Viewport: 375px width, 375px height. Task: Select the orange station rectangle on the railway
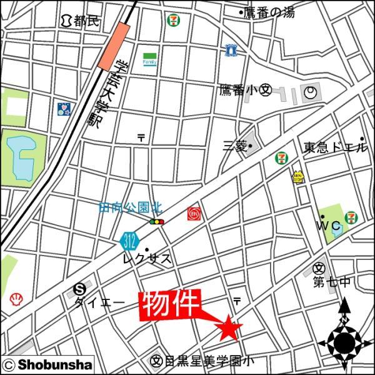[x=114, y=47]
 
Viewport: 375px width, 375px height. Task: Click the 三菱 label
[x=237, y=146]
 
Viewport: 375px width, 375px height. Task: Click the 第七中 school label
[x=331, y=282]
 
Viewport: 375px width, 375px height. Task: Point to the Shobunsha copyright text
[x=47, y=364]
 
